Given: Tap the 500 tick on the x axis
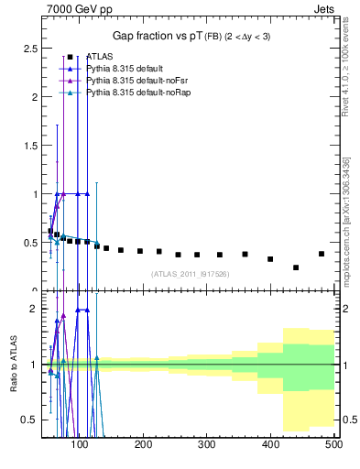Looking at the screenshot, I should coord(333,445).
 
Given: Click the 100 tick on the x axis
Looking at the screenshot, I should coord(81,445).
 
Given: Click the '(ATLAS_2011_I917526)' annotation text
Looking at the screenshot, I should coord(190,274).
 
